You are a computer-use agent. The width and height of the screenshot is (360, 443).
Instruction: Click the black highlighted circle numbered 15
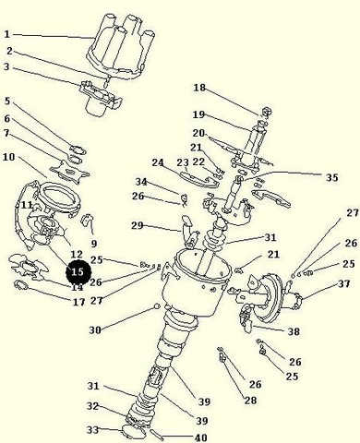(78, 272)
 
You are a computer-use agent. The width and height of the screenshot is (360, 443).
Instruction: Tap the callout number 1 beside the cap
(7, 34)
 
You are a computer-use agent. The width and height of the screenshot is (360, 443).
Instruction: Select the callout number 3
(7, 66)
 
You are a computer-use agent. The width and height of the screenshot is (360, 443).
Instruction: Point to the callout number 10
(9, 157)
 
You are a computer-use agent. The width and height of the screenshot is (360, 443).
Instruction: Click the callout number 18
(199, 88)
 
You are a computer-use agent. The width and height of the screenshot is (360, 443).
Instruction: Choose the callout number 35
(331, 177)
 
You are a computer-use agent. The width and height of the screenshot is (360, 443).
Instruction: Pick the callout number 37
(344, 283)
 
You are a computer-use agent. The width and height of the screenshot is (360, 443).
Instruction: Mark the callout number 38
(294, 331)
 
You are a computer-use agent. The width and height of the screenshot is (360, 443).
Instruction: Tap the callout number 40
(201, 437)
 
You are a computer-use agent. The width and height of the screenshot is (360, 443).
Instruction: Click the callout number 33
(92, 430)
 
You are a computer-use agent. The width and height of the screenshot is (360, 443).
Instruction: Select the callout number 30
(95, 330)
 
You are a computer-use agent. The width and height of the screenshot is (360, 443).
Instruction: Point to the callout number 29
(138, 225)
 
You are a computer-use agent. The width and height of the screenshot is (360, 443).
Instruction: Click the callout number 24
(158, 162)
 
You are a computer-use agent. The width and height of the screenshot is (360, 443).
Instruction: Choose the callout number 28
(250, 401)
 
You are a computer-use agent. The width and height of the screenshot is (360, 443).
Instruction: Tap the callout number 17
(79, 302)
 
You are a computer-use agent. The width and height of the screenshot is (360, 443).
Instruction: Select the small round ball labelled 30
(157, 306)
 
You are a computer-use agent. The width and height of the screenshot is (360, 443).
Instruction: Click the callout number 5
(7, 101)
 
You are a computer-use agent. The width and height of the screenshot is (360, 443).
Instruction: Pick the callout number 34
(141, 182)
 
